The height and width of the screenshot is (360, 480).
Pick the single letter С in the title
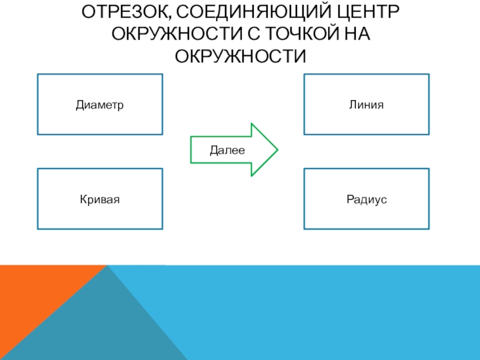tap(242, 34)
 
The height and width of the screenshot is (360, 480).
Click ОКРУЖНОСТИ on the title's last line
tap(240, 56)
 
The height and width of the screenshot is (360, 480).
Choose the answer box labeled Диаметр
tap(100, 104)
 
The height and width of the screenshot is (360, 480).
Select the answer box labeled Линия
tap(367, 104)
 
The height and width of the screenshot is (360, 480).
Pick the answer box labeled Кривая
tap(100, 199)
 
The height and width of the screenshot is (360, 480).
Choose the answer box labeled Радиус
tap(367, 199)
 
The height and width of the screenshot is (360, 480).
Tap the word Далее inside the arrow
tap(227, 150)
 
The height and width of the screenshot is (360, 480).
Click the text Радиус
tap(367, 199)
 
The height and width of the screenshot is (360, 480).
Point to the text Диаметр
tap(100, 105)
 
